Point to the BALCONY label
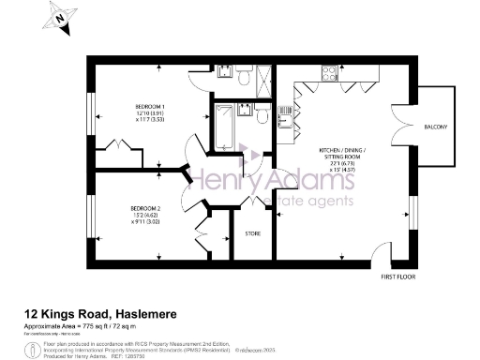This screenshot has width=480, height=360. (435, 127)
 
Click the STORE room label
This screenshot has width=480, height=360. (252, 232)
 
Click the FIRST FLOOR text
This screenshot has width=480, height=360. (397, 278)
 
